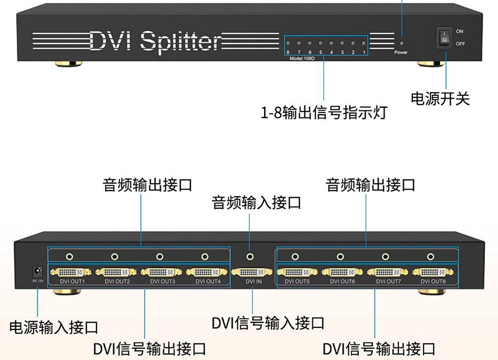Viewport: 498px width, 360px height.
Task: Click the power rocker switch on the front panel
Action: pos(444,37)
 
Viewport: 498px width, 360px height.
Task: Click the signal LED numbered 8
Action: pos(288,43)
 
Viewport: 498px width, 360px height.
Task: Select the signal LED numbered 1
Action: pos(364,43)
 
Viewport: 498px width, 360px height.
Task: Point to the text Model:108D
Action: pos(304,58)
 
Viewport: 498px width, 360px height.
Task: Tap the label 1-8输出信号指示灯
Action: pos(323,113)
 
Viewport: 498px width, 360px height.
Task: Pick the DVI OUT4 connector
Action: pos(207,272)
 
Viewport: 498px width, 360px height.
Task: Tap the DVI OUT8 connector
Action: pos(433,272)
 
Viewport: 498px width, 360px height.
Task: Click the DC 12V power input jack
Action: pos(37,271)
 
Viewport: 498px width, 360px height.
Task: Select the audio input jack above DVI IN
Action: pos(250,257)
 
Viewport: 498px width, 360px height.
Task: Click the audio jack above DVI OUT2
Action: pos(115,257)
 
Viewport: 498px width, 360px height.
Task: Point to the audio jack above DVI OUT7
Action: pos(385,257)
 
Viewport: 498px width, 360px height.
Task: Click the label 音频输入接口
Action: pos(256,203)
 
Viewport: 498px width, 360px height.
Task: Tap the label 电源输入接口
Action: pos(54,327)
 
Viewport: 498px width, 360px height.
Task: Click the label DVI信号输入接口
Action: pos(268,323)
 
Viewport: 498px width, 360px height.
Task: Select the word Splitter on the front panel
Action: pos(181,41)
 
